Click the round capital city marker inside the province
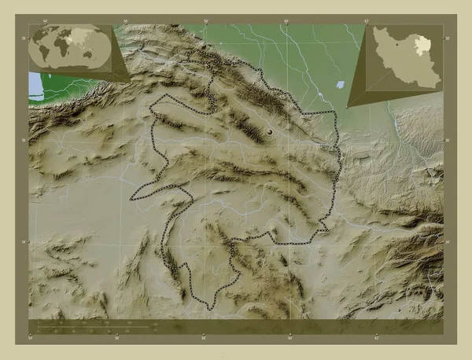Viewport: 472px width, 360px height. pos(272,133)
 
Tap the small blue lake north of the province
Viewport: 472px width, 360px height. pos(339,84)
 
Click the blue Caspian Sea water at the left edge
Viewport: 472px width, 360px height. pos(33,83)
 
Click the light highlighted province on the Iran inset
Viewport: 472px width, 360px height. pos(420,42)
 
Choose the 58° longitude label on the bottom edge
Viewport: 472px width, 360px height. pos(203,339)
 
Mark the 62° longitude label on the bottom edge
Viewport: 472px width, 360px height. pos(376,339)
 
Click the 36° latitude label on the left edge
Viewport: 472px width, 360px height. pos(24,140)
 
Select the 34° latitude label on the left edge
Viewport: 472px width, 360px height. pos(24,241)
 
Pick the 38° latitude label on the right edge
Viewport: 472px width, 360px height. pos(448,38)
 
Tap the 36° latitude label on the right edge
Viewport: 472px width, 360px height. pos(448,140)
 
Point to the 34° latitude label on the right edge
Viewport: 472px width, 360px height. pos(448,241)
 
